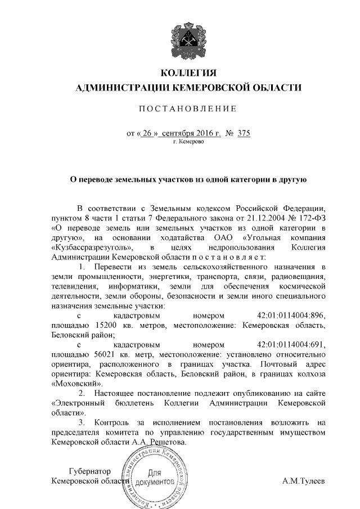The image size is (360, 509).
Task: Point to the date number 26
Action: pos(147,134)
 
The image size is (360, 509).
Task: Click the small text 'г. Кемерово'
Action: pos(188,142)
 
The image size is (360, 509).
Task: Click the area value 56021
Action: pos(92,354)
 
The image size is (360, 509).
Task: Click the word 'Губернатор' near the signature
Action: pos(88,471)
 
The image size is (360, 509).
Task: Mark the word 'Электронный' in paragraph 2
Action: pos(77,403)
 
